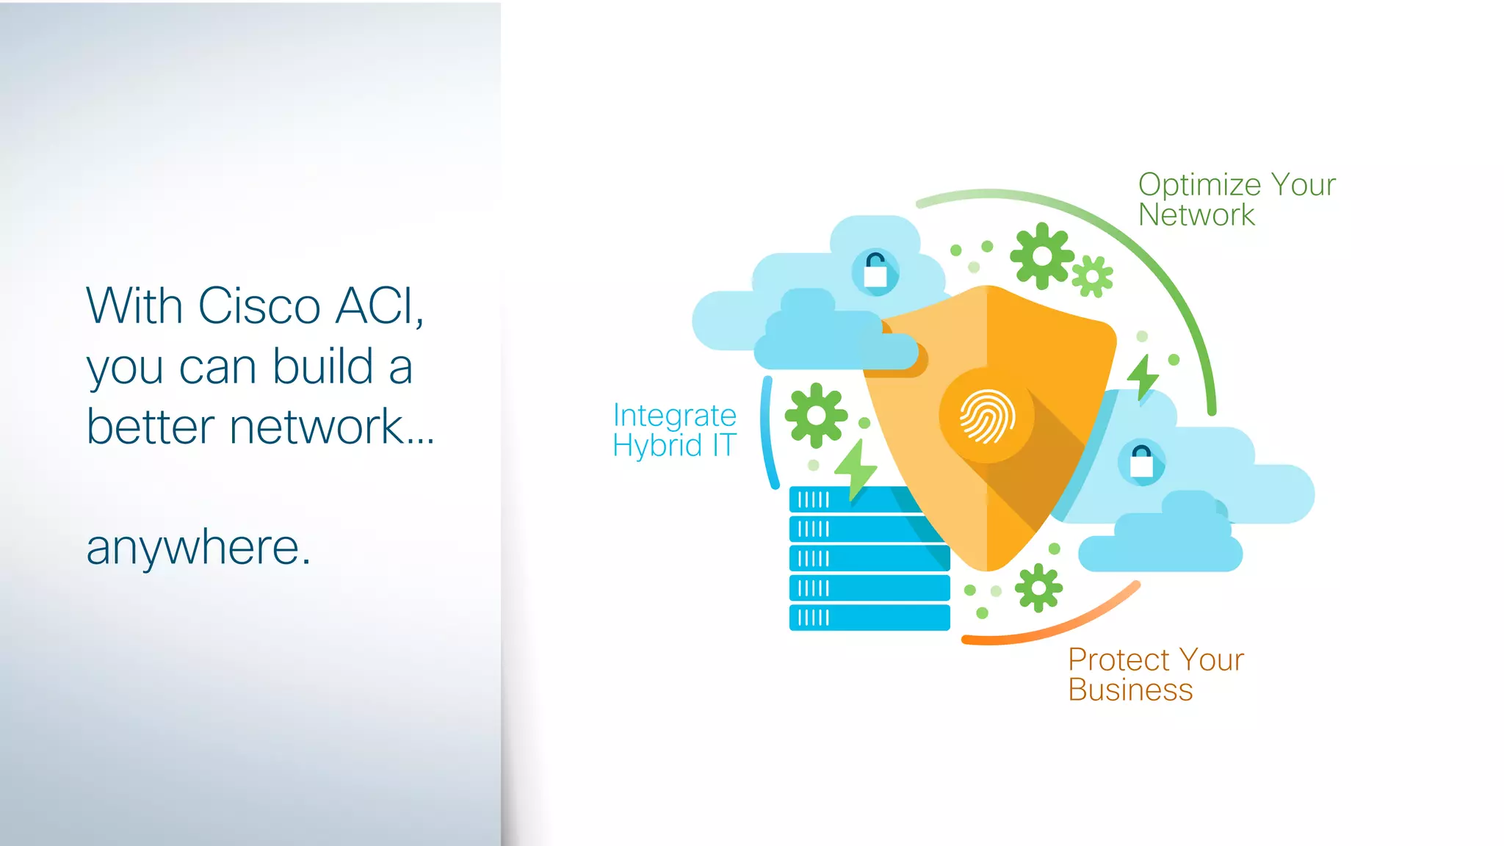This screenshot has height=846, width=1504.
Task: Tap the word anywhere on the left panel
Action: [x=198, y=548]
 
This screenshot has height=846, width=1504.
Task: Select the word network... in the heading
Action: [x=333, y=427]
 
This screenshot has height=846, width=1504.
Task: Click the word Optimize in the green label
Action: [x=1199, y=185]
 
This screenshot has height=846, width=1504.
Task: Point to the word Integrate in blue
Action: [x=674, y=416]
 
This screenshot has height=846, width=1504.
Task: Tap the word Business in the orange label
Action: [x=1130, y=690]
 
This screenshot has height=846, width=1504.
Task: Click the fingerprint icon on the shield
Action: [x=987, y=416]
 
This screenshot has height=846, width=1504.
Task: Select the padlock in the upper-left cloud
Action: [x=875, y=271]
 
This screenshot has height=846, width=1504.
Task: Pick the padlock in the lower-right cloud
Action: [x=1141, y=462]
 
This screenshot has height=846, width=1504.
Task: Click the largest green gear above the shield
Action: [x=1041, y=256]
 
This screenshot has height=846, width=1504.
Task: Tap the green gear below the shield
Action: [x=1038, y=587]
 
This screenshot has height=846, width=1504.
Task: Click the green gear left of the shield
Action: [x=816, y=416]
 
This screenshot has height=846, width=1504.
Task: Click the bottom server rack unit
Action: [x=869, y=618]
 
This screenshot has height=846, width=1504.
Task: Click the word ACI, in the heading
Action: [x=379, y=305]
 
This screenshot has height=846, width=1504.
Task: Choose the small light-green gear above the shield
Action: [x=1092, y=277]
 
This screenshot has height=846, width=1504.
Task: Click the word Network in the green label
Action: [x=1196, y=215]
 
